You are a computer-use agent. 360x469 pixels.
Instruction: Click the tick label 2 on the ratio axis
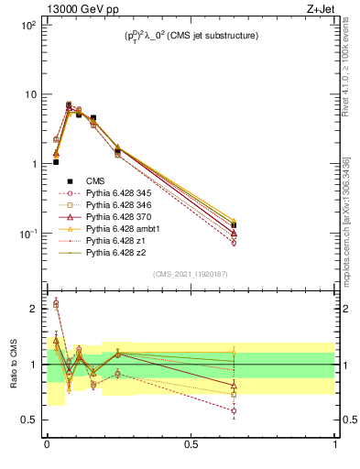(34, 309)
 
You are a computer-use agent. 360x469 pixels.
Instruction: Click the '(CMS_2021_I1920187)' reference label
(191, 274)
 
